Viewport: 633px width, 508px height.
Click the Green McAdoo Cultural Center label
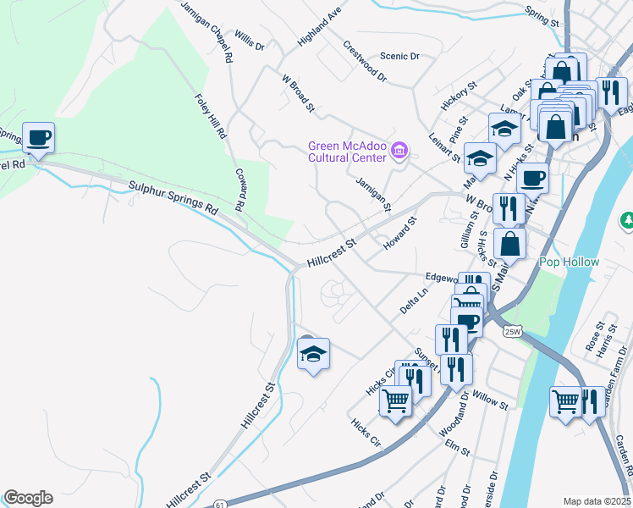click(x=347, y=151)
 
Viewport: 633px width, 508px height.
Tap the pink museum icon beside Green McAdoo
click(x=401, y=152)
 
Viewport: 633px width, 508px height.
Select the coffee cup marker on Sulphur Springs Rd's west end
click(x=38, y=137)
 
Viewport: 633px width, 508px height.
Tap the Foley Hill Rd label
click(x=211, y=116)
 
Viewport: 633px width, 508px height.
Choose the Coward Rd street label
click(x=239, y=189)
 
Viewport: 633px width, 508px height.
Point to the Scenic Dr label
click(x=399, y=56)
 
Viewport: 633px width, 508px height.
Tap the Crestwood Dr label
click(x=365, y=62)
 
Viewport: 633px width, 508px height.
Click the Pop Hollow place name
click(x=570, y=262)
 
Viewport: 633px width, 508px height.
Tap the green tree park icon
click(x=628, y=221)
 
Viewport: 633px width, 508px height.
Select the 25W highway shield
click(x=511, y=331)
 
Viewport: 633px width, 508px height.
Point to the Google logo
click(x=28, y=498)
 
